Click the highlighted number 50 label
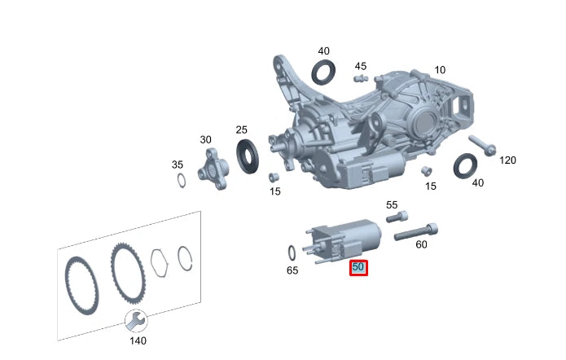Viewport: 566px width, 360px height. click(358, 267)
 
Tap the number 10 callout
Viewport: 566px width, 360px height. click(439, 70)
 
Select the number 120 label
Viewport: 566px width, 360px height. click(507, 160)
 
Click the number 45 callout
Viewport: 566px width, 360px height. click(360, 66)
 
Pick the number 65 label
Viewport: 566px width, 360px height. click(292, 270)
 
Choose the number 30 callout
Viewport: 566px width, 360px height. click(205, 139)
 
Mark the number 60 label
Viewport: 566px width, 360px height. click(421, 244)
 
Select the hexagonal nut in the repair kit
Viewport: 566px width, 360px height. click(160, 261)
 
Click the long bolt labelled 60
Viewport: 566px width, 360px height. click(416, 231)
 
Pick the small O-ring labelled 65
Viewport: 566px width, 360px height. click(292, 252)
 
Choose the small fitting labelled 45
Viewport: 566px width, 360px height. click(359, 78)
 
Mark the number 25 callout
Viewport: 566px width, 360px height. click(241, 130)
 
